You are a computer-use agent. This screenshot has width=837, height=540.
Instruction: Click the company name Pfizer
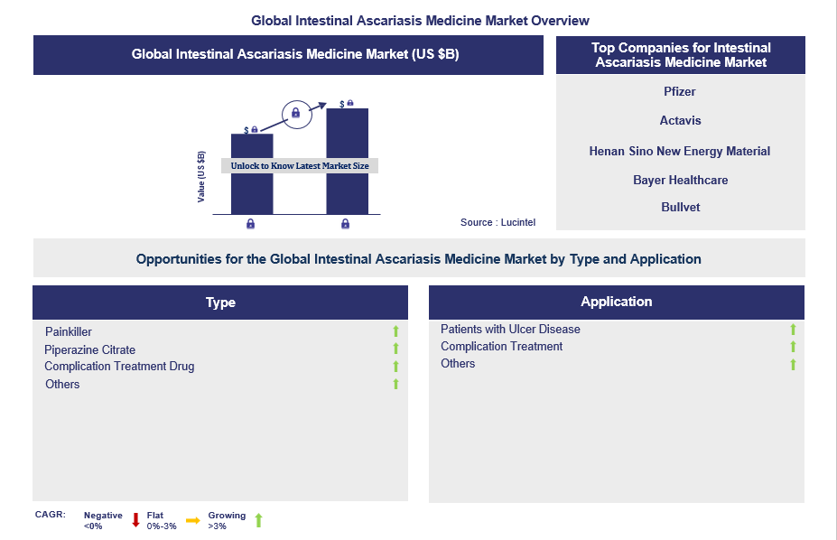tap(680, 92)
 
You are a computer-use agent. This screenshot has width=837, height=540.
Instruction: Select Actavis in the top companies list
tap(680, 121)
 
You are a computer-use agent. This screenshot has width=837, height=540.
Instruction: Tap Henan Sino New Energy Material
tap(680, 151)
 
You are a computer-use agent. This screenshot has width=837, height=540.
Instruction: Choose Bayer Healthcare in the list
tap(680, 180)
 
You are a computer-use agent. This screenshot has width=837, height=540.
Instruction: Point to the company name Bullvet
tap(680, 207)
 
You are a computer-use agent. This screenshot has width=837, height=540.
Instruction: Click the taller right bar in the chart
tap(347, 161)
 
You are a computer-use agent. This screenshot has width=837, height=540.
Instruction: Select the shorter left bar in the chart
tap(252, 174)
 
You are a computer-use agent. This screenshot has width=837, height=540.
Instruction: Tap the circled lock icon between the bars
tap(296, 114)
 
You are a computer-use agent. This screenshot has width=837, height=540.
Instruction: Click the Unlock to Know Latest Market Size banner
tap(300, 166)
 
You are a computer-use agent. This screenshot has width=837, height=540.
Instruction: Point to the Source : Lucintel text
tap(498, 222)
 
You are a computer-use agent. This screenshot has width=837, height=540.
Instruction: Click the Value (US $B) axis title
tap(201, 177)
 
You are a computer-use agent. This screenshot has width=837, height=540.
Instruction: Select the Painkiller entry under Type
tap(69, 332)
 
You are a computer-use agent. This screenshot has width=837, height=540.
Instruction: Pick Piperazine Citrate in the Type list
tap(89, 350)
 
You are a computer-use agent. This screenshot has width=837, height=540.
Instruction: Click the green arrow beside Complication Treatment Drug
tap(395, 366)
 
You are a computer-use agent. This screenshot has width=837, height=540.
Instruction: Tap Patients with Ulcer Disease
tap(510, 330)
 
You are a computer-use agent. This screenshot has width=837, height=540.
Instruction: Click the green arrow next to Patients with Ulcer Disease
tap(793, 330)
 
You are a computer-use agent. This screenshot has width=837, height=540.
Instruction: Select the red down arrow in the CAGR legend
tap(135, 520)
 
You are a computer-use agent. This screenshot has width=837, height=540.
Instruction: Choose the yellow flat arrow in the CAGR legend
tap(192, 520)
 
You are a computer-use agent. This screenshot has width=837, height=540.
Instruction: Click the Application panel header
tap(616, 302)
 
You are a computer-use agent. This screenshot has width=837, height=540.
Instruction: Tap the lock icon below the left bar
tap(250, 224)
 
